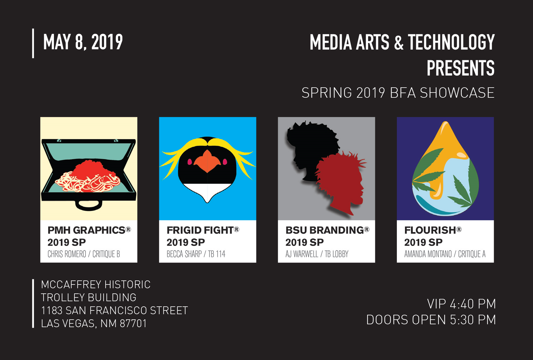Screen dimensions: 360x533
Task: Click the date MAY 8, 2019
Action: (83, 42)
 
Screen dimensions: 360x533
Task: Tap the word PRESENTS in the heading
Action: (460, 68)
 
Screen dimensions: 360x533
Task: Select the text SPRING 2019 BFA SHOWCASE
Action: (398, 93)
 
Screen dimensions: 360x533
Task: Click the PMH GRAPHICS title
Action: (87, 230)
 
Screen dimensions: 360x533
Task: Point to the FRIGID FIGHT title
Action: (200, 230)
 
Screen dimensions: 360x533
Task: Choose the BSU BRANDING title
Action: (325, 230)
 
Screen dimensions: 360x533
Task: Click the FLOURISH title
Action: (430, 230)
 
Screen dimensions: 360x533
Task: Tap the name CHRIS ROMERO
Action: (67, 254)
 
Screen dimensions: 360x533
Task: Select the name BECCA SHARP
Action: (184, 254)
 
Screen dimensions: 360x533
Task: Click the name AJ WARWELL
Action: (302, 254)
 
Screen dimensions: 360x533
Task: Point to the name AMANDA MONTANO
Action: (428, 254)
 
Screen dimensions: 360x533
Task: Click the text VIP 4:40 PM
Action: (461, 304)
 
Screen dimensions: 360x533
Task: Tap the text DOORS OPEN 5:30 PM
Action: (431, 320)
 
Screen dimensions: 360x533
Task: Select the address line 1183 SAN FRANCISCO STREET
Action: (115, 310)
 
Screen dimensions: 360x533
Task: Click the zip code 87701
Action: (133, 323)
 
